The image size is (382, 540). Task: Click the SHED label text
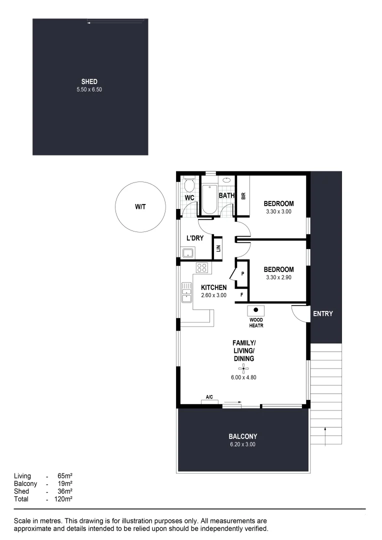point(89,81)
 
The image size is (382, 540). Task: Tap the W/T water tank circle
point(140,206)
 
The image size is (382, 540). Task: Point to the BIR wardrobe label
point(243,196)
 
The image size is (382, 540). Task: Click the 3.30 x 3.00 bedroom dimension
point(278,211)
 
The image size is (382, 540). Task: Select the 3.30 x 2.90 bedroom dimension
point(278,277)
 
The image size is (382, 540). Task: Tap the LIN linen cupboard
point(217,248)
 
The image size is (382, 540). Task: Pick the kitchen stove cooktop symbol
point(202,267)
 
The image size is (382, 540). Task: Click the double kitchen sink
point(186,292)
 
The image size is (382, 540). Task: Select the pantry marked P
point(242,273)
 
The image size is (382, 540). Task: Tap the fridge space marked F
point(242,295)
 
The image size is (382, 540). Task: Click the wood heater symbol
point(255,310)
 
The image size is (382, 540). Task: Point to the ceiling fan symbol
point(243,369)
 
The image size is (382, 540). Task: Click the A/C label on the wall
point(209,397)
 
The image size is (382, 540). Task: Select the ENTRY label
point(322,314)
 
